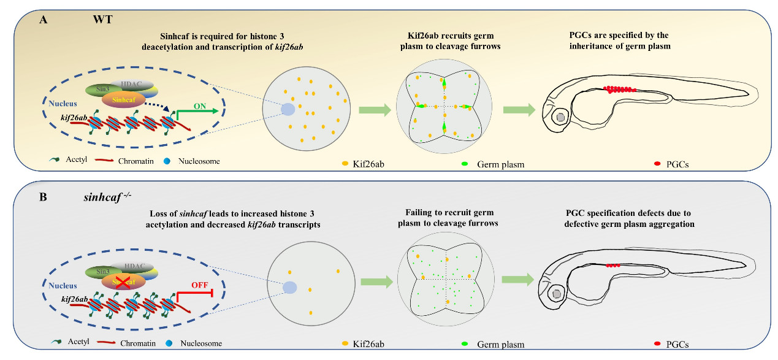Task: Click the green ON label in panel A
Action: tap(199, 105)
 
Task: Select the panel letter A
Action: tap(43, 19)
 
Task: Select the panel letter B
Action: tap(43, 197)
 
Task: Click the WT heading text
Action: tap(102, 19)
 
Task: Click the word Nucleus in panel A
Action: tap(63, 104)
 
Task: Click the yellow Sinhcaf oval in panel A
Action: tap(123, 98)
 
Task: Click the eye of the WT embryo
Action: tap(560, 115)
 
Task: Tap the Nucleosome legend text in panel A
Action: tap(200, 161)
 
